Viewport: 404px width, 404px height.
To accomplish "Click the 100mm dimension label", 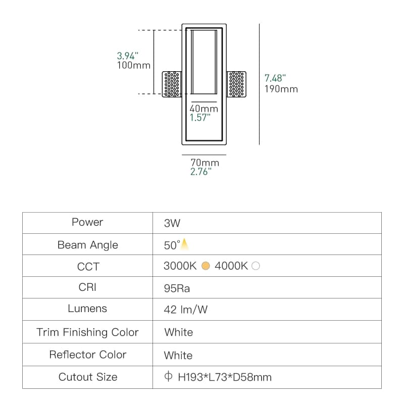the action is (x=134, y=65).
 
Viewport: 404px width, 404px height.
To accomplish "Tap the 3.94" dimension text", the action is (x=128, y=56).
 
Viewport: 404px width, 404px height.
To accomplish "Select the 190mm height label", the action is (x=281, y=89).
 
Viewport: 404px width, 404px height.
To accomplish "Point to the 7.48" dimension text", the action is (x=275, y=78).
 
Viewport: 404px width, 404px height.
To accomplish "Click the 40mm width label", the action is (x=204, y=109).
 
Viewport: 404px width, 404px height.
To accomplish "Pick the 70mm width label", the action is (x=205, y=163).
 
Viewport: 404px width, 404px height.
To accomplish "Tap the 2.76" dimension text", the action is (x=200, y=172).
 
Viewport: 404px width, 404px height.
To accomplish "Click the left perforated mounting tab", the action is (x=172, y=84).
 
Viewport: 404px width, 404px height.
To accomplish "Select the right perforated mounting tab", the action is (x=236, y=84).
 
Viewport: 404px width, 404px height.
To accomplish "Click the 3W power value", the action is (x=172, y=223).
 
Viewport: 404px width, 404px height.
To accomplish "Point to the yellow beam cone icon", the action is (x=184, y=244).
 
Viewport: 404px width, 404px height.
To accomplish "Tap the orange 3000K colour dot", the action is (x=206, y=266).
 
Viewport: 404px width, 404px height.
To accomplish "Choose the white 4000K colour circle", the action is (x=256, y=266).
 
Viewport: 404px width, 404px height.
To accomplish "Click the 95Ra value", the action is (x=177, y=288).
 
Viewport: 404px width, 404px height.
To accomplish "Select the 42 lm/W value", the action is (x=185, y=310).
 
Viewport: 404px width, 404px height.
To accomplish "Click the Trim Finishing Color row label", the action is (x=87, y=332).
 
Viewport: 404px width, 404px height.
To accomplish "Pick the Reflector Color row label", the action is (x=87, y=355).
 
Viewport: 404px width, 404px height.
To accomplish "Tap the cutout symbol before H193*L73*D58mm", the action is (x=168, y=376).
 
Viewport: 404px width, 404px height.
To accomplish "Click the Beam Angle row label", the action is (x=87, y=245).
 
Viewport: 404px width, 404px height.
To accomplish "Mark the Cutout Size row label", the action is (x=88, y=377).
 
